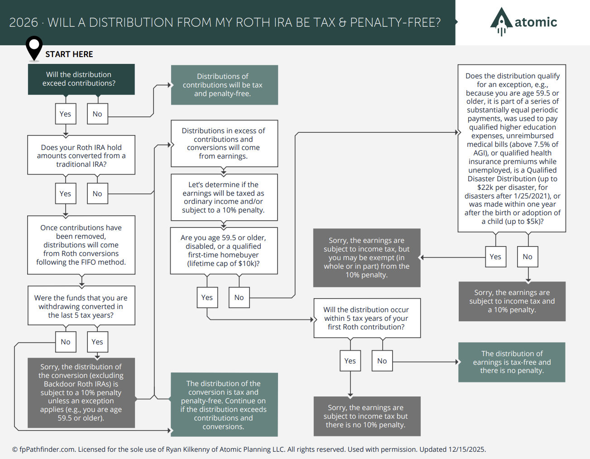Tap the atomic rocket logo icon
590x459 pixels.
click(x=501, y=21)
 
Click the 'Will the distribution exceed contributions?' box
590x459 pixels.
click(x=82, y=79)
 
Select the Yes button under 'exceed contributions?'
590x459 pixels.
click(x=66, y=114)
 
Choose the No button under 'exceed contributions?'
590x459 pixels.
click(x=97, y=114)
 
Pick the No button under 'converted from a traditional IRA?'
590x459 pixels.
click(x=97, y=193)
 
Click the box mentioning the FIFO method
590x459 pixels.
click(x=82, y=245)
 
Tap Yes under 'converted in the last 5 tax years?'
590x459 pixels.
click(x=97, y=342)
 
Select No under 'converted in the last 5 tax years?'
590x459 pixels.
click(x=66, y=342)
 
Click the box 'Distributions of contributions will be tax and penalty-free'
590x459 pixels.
click(x=224, y=85)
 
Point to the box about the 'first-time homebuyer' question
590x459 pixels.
click(x=224, y=251)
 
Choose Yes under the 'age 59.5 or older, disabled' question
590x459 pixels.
click(x=207, y=297)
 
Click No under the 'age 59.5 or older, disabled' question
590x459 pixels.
click(x=239, y=297)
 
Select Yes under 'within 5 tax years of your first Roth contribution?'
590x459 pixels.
click(x=350, y=361)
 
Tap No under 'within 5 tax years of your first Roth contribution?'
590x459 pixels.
click(x=382, y=361)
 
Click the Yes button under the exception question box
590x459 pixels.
click(x=495, y=256)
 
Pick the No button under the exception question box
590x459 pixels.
click(x=528, y=256)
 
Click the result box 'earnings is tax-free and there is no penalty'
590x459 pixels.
click(x=512, y=362)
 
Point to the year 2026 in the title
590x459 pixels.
click(x=24, y=23)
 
